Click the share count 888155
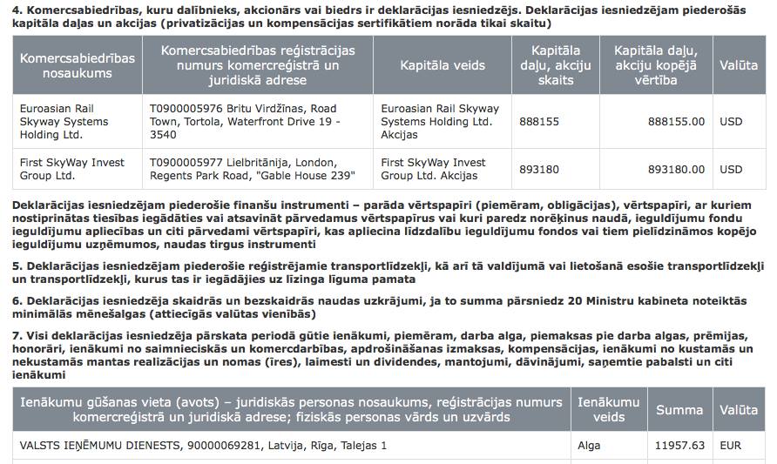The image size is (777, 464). click(x=539, y=122)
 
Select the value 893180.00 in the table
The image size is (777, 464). click(x=676, y=169)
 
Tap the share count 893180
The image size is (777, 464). click(x=539, y=169)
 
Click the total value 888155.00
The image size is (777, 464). click(x=676, y=122)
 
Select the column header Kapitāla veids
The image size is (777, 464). click(x=443, y=65)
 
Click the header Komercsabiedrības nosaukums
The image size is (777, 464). click(x=78, y=65)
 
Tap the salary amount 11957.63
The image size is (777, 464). click(x=679, y=445)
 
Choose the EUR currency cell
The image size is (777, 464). click(x=730, y=445)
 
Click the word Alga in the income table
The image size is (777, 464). click(x=589, y=445)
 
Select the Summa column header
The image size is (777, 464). click(x=679, y=409)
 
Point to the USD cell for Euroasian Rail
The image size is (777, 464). click(x=731, y=122)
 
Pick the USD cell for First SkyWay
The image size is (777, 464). click(x=731, y=169)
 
